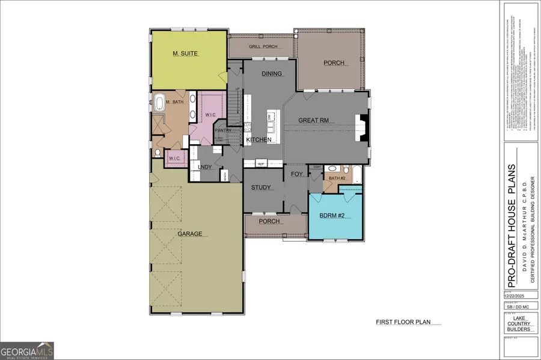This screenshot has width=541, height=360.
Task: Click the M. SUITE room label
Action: (x=185, y=53)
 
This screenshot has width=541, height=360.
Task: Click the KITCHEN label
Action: (x=259, y=140)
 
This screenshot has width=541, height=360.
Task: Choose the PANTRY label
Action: (x=223, y=130)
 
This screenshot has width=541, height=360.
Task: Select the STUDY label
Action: (x=263, y=188)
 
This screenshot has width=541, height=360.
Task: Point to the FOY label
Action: (x=296, y=174)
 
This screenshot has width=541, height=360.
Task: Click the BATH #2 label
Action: (x=337, y=178)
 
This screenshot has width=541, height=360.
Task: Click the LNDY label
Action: (x=204, y=167)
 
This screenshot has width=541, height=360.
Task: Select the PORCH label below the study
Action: (x=269, y=221)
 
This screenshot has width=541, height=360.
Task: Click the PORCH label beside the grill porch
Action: (x=334, y=63)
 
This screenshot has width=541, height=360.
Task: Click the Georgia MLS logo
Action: (x=27, y=350)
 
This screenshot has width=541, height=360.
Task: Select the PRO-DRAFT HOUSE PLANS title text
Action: (x=512, y=219)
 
